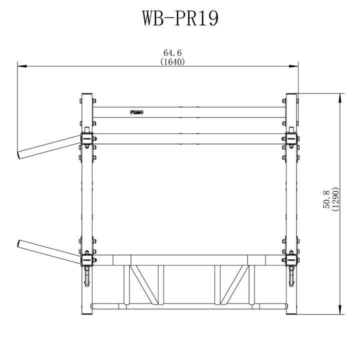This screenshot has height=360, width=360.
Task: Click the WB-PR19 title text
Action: [180, 18]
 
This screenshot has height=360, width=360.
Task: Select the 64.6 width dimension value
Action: [172, 53]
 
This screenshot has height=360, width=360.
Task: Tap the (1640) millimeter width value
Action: [172, 61]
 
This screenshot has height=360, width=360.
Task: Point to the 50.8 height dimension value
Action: [326, 199]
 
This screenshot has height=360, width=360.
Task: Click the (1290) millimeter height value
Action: [335, 199]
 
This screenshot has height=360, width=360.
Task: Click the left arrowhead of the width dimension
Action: [22, 66]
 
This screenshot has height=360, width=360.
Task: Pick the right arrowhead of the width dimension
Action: [293, 66]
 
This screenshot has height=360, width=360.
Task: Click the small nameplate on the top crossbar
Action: [137, 112]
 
